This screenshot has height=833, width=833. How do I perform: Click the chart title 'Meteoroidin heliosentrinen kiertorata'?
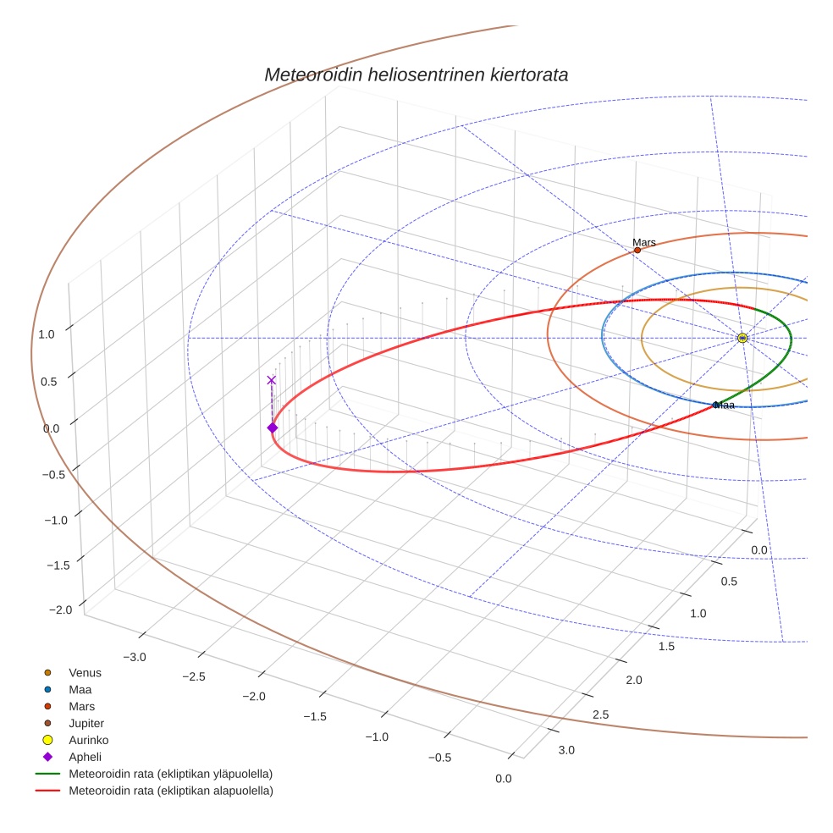click(x=416, y=74)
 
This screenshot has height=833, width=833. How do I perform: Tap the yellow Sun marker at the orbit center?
click(x=742, y=338)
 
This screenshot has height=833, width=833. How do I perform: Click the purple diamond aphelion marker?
click(x=272, y=428)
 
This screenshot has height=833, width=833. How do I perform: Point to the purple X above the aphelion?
click(x=271, y=380)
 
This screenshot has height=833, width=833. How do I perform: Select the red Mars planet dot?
click(x=637, y=250)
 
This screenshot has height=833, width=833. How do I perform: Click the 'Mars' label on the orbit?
click(x=644, y=243)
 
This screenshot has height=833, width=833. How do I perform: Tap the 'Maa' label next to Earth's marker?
click(x=725, y=405)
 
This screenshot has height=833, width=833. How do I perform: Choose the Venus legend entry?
click(x=85, y=673)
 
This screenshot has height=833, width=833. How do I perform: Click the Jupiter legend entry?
click(x=86, y=724)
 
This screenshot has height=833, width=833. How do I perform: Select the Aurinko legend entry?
click(x=88, y=740)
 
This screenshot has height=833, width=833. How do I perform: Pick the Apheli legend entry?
click(x=85, y=757)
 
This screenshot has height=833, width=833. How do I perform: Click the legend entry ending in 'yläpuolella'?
click(x=170, y=774)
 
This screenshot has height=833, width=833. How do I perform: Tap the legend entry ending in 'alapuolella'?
click(x=170, y=791)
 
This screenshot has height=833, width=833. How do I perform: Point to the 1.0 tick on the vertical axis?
click(x=46, y=334)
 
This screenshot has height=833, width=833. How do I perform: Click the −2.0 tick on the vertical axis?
click(x=60, y=610)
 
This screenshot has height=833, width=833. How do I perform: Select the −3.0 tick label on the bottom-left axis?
click(x=135, y=657)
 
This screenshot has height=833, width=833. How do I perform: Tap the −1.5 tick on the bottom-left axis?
click(x=315, y=716)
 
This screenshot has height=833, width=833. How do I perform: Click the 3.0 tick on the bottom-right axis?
click(x=566, y=750)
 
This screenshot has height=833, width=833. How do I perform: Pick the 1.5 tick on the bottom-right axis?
click(x=666, y=647)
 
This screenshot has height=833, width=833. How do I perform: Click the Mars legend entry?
click(x=81, y=706)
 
